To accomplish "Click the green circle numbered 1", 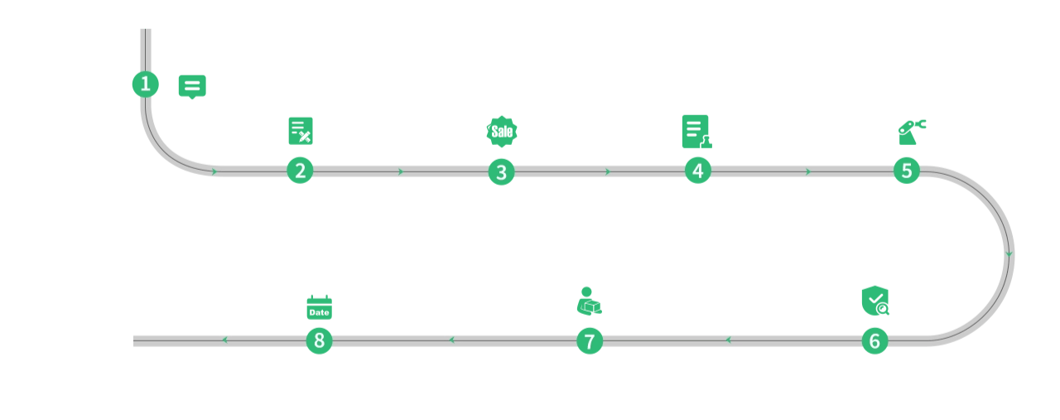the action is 145,84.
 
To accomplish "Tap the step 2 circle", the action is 300,171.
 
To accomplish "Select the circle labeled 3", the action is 502,171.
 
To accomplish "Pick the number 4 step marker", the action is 698,171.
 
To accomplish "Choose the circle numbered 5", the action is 907,171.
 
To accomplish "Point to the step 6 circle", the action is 874,341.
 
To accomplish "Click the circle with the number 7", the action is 590,341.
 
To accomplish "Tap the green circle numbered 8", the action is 320,340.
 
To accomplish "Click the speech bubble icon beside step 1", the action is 192,87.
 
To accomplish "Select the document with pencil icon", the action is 301,131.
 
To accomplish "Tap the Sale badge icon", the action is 502,131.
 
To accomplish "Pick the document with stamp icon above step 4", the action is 696,132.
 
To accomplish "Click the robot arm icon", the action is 912,132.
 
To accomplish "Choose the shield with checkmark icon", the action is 875,300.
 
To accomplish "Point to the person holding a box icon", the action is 589,301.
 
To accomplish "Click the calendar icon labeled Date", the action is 320,307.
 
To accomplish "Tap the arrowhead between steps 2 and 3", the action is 401,171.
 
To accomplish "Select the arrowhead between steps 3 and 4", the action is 608,171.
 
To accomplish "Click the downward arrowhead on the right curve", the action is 1009,254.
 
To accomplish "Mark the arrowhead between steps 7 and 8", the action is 452,340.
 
